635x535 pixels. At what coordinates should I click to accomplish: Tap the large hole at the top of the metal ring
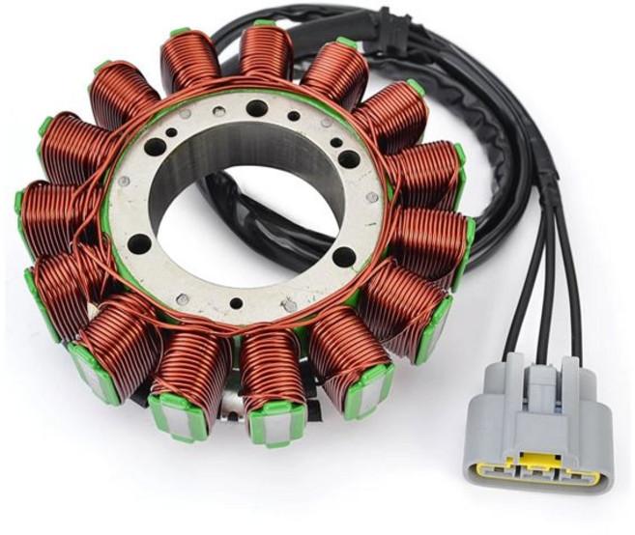click(x=255, y=108)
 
